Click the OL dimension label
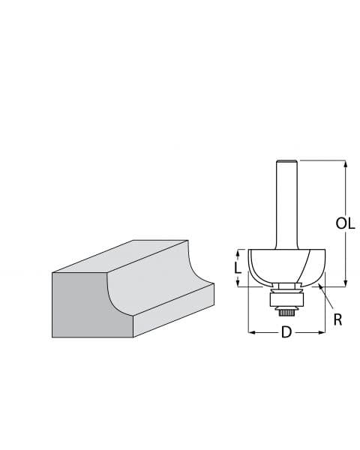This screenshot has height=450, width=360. tap(346, 223)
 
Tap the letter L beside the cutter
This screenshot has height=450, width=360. tap(238, 267)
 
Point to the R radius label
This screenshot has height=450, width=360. tap(337, 319)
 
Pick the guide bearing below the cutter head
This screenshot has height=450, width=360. tap(286, 298)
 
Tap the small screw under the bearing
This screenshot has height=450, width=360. tap(286, 311)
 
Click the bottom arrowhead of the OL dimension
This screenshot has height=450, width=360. tap(345, 282)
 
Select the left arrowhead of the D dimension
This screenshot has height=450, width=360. tap(251, 332)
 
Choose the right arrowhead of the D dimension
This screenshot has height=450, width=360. tap(322, 332)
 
